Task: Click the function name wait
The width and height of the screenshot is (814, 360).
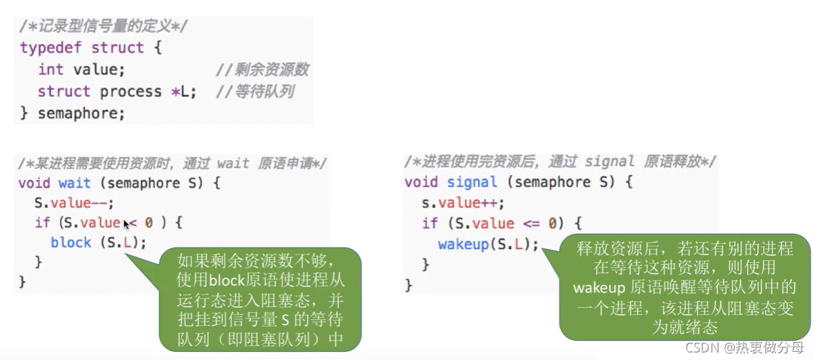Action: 75,183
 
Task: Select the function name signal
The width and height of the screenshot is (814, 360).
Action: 472,182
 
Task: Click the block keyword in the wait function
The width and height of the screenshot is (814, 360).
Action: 70,243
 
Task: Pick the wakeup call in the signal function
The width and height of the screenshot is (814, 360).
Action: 462,244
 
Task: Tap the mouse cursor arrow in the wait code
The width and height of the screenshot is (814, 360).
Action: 127,224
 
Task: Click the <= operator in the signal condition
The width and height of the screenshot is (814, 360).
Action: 534,223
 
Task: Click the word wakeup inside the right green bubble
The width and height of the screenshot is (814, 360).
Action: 598,286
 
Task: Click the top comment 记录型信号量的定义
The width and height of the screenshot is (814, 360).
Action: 103,26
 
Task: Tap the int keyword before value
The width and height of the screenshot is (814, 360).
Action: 50,70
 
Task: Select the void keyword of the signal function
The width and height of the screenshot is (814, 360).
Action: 421,182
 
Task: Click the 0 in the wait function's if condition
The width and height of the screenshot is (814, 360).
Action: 148,223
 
